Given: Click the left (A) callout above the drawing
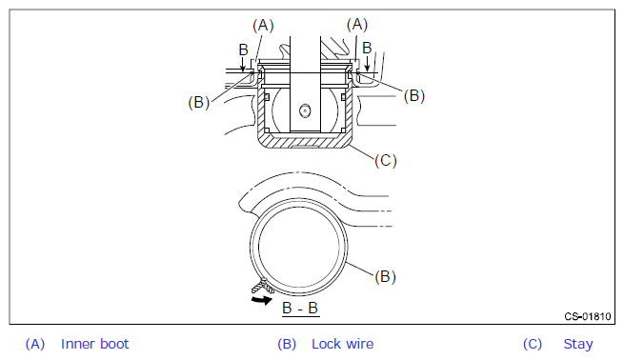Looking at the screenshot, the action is point(263,26).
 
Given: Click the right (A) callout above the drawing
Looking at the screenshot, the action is point(357,25).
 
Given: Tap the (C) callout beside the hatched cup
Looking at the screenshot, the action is point(386,161).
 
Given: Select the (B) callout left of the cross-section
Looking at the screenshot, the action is point(198,103).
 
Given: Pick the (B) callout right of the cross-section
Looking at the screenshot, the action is point(414,96).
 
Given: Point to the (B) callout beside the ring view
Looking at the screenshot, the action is point(385,276).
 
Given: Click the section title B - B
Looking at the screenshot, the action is point(300,309).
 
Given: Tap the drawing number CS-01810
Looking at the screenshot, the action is point(588,316).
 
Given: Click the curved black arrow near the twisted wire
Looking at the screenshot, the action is point(261,299).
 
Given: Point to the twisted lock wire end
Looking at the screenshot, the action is point(262,287).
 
